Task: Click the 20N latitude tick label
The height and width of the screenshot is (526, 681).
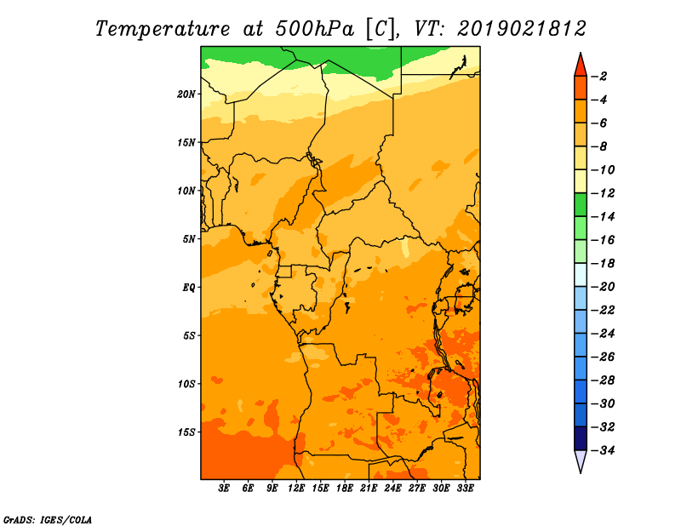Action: tap(186, 94)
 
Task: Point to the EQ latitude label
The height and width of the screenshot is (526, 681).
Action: tap(188, 288)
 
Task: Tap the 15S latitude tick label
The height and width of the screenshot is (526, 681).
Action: tap(186, 432)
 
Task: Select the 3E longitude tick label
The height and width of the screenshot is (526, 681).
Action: tap(224, 488)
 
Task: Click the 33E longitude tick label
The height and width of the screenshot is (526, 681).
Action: tap(465, 488)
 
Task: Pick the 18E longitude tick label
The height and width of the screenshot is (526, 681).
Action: tap(345, 488)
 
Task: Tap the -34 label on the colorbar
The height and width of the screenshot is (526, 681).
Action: tap(604, 450)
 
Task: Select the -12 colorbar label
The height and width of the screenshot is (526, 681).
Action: tap(604, 193)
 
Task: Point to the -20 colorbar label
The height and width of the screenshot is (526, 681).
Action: tap(604, 287)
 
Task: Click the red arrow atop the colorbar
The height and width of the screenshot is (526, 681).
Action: tap(581, 66)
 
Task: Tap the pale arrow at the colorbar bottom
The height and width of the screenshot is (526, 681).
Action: tap(581, 461)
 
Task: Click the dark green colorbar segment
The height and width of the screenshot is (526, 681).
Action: tap(581, 205)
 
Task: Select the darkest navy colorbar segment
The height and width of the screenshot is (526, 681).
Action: tap(581, 438)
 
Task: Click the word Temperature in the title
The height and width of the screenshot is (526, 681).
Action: tap(163, 29)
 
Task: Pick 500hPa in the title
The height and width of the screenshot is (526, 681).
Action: tap(315, 29)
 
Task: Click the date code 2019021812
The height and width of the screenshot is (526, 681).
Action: tap(522, 29)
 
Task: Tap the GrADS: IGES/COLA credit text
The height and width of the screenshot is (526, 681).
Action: tap(48, 519)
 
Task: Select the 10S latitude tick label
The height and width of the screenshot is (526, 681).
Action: tap(186, 384)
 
